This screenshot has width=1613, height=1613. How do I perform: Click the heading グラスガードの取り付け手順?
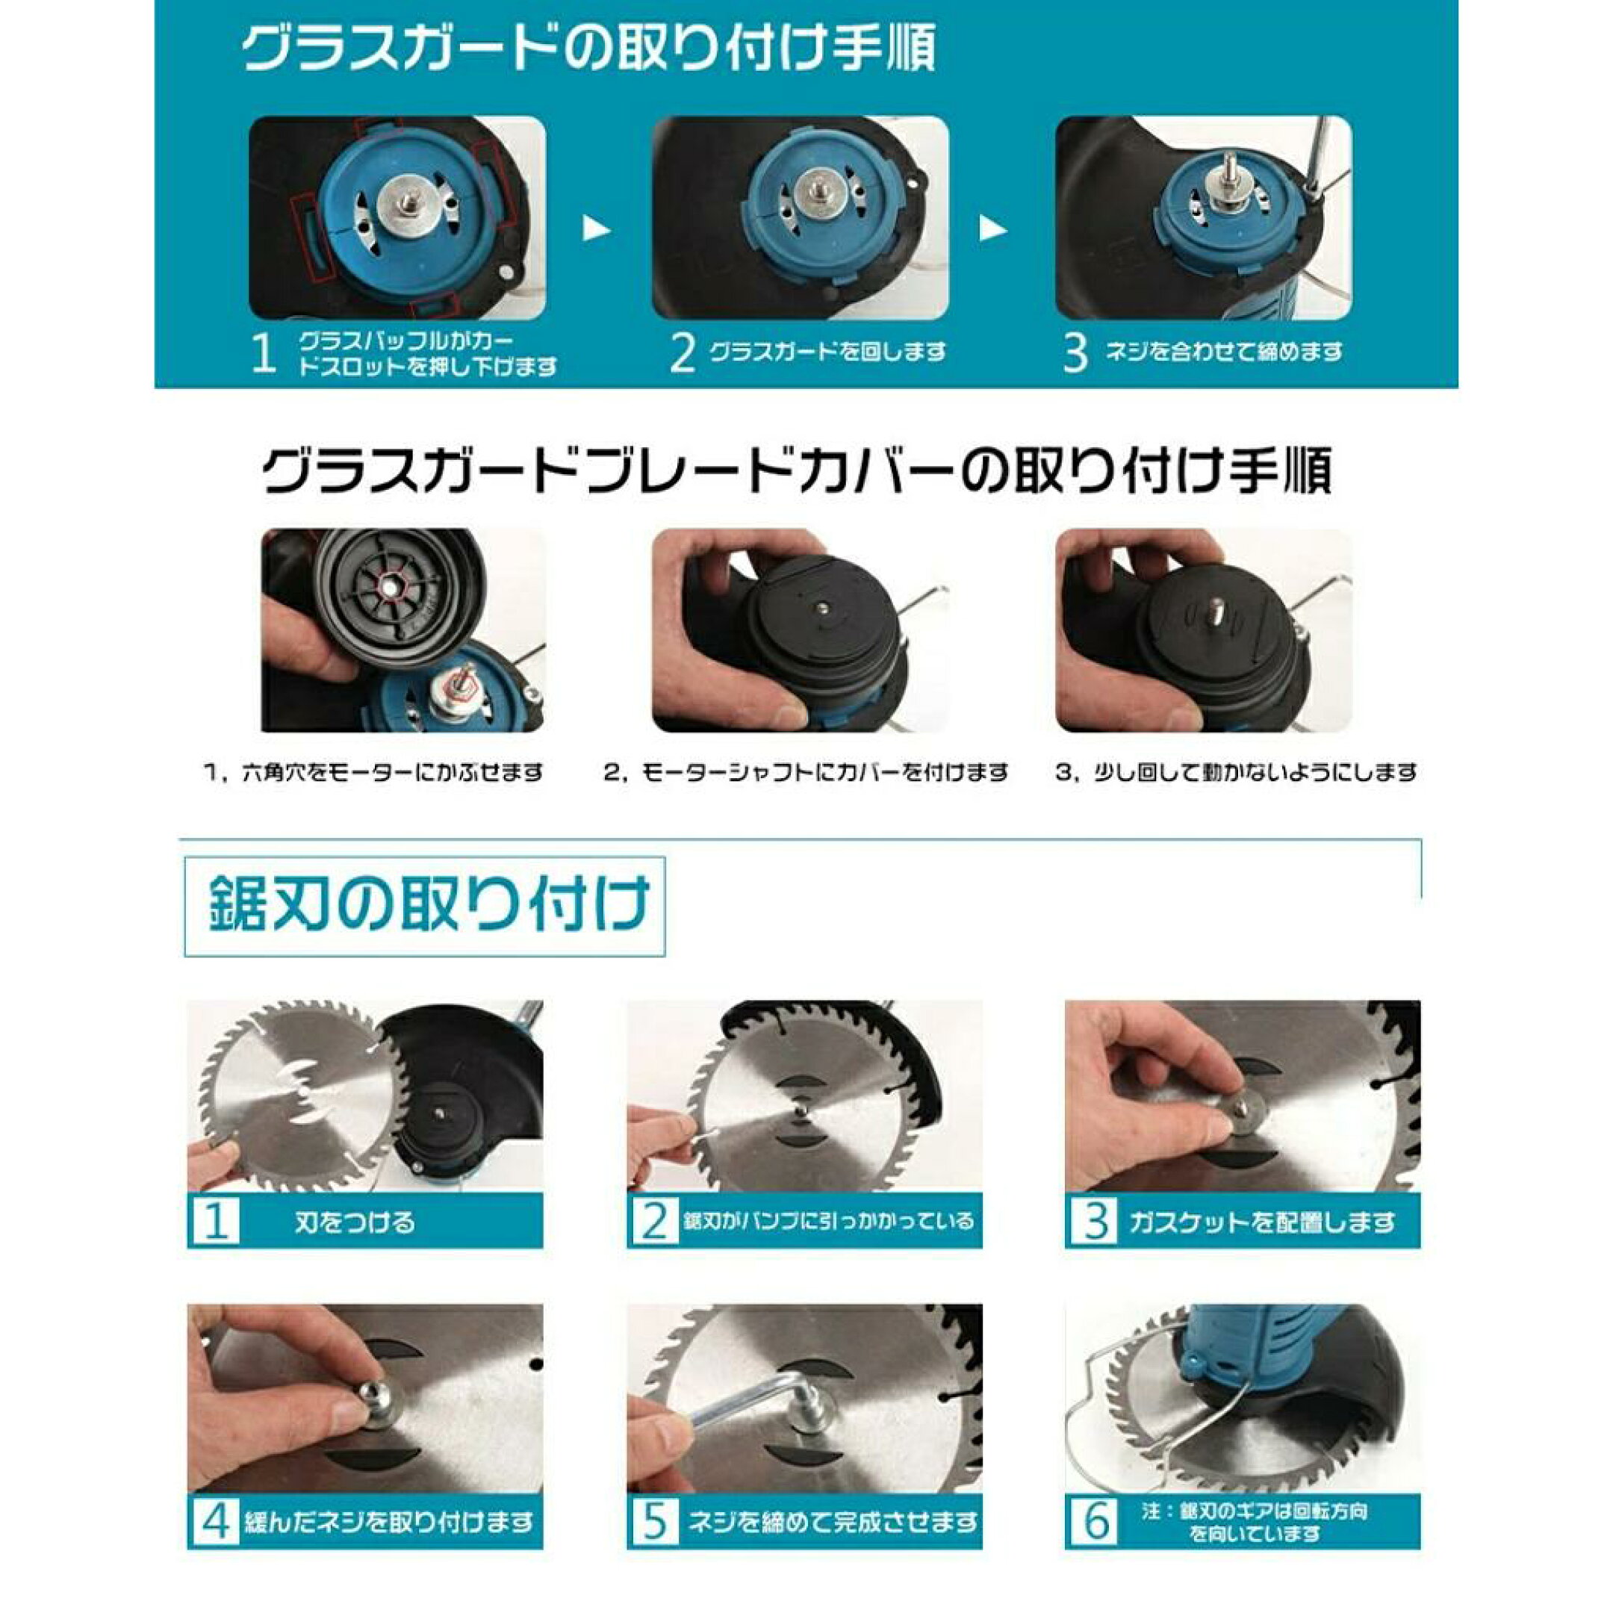(588, 48)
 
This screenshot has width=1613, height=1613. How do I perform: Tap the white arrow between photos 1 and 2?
(596, 228)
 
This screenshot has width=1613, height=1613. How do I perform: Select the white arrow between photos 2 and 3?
(992, 228)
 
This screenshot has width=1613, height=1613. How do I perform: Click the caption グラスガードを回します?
(827, 352)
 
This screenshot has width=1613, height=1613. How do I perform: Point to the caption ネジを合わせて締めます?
(1223, 352)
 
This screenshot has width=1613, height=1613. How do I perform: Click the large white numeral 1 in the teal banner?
(264, 353)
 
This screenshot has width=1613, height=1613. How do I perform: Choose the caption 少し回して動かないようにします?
(1255, 772)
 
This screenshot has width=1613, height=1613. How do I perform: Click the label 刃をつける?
(354, 1222)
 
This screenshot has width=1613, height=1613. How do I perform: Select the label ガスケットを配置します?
(1261, 1223)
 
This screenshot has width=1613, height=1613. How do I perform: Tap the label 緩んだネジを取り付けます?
(389, 1523)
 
